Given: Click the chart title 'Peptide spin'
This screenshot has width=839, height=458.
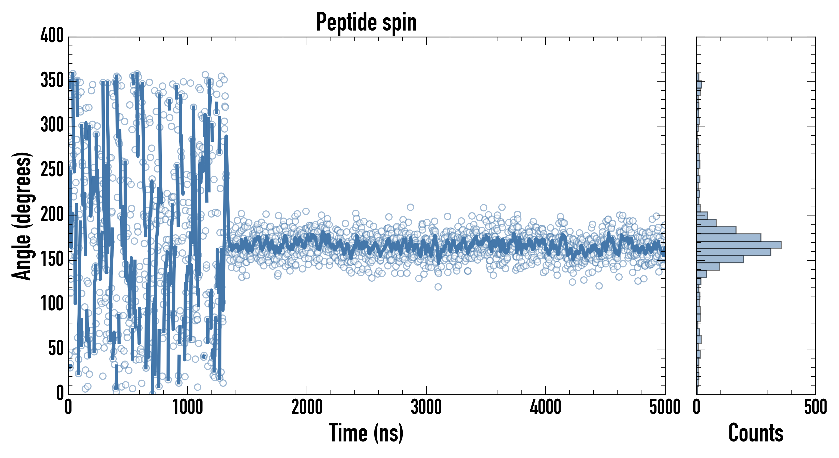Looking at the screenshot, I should pos(366,22).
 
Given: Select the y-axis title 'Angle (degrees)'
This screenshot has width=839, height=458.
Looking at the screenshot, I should pos(22,216).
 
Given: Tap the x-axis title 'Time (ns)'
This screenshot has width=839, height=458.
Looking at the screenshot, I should pos(366,433).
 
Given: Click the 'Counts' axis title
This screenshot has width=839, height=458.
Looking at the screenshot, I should pos(756,433).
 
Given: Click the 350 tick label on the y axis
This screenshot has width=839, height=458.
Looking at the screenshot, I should pos(52,80).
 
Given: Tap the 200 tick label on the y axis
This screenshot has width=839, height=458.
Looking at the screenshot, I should pos(52,214).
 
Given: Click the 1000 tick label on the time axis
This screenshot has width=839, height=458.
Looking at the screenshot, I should pos(188,407).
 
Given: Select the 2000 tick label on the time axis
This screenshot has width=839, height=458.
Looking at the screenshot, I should pos(307,407).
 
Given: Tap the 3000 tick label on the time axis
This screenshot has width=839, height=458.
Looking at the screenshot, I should pos(426,407).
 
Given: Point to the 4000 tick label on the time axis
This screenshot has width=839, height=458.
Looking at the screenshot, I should pos(546,407).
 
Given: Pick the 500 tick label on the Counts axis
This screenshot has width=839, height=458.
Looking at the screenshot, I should pos(815,407).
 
